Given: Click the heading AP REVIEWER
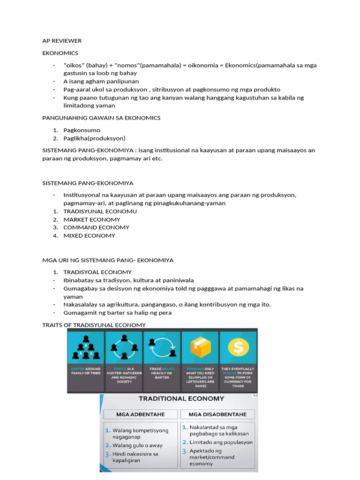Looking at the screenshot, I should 62,41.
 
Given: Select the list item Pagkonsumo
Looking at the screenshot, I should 82,130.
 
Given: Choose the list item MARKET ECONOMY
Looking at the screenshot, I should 92,219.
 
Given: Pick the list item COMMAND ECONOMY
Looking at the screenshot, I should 96,227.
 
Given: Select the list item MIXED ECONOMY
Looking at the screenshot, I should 89,236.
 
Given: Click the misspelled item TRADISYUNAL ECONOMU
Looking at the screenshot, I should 100,211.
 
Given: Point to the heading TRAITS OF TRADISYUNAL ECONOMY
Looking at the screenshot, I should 94,325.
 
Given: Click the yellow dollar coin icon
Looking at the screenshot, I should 238,347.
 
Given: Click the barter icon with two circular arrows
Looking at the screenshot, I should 162,347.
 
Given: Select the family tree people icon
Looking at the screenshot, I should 86,347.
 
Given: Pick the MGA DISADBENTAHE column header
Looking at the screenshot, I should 217,414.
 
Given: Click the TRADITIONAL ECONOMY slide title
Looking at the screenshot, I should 180,399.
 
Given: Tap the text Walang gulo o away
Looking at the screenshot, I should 134,445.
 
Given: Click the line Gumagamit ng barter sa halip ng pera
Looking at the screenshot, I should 117,313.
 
